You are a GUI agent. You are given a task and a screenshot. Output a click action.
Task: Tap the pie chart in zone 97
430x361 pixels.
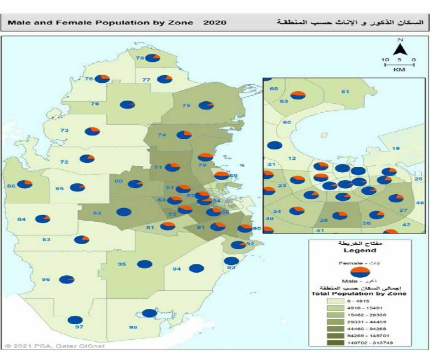click(75, 320)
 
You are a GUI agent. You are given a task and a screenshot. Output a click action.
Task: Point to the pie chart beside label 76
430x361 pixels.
click(128, 104)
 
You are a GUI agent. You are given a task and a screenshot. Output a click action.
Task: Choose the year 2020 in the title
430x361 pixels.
click(214, 22)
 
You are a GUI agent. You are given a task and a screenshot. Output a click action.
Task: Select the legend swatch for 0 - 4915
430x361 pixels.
click(335, 301)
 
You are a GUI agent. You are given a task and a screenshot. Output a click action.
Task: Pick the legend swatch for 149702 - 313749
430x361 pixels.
click(335, 342)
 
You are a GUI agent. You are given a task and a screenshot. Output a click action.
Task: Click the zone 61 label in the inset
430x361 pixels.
click(345, 92)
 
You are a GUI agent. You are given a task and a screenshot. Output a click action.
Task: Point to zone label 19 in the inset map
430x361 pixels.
click(396, 148)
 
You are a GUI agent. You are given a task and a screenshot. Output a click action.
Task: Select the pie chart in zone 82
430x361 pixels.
click(124, 212)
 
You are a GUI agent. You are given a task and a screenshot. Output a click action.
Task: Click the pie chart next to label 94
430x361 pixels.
click(196, 268)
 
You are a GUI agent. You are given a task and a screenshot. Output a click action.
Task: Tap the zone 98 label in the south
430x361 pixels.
click(133, 327)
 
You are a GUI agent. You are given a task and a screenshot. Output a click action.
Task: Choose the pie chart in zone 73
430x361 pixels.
click(92, 131)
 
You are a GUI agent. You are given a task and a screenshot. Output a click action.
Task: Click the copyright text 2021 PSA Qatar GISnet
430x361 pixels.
click(55, 346)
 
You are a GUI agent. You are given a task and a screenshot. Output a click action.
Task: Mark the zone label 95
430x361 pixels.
click(122, 264)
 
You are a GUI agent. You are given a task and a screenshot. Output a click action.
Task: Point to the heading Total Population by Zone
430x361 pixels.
click(358, 293)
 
